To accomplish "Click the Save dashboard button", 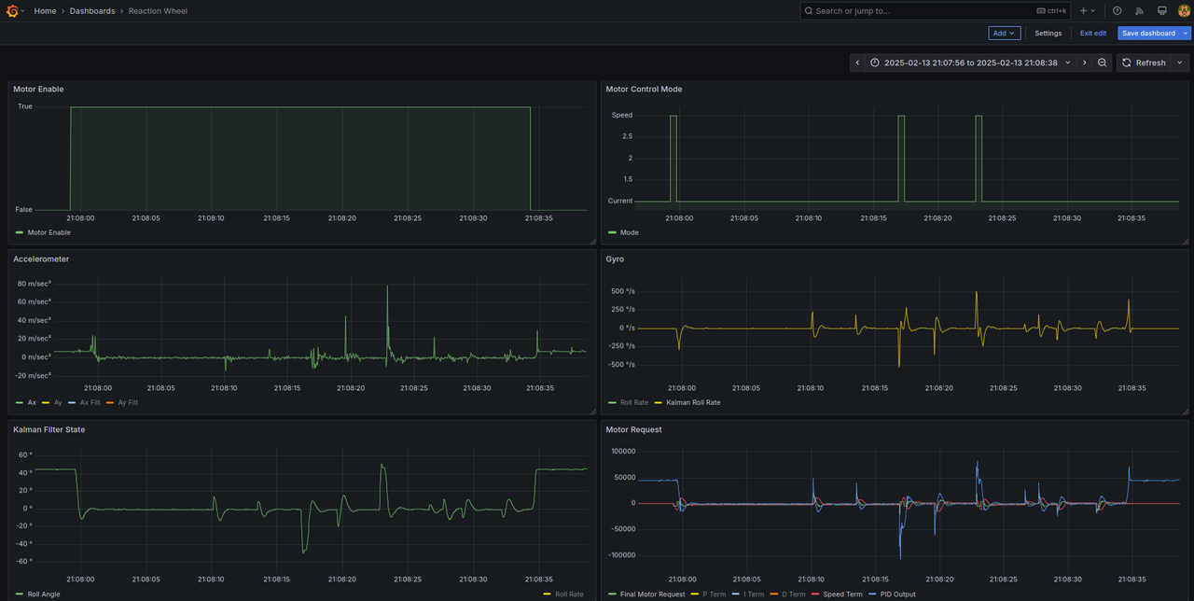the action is coord(1148,33).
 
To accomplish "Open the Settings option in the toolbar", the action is coord(1048,33).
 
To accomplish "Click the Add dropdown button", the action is coord(1005,33).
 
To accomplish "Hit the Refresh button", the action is coord(1145,63).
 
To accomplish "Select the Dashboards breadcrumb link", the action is coord(92,10).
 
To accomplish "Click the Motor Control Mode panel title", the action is coord(644,89).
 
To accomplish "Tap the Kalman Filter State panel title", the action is coord(49,429).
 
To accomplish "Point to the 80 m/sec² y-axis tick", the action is coord(35,284).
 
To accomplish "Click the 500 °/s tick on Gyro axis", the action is coord(622,291).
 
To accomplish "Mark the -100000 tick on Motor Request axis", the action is coord(621,555).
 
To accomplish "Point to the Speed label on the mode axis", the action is coord(621,115).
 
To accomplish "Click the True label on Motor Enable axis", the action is coord(25,106).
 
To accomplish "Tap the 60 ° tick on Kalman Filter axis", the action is coord(25,454).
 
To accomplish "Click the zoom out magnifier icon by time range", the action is coord(1102,63).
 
